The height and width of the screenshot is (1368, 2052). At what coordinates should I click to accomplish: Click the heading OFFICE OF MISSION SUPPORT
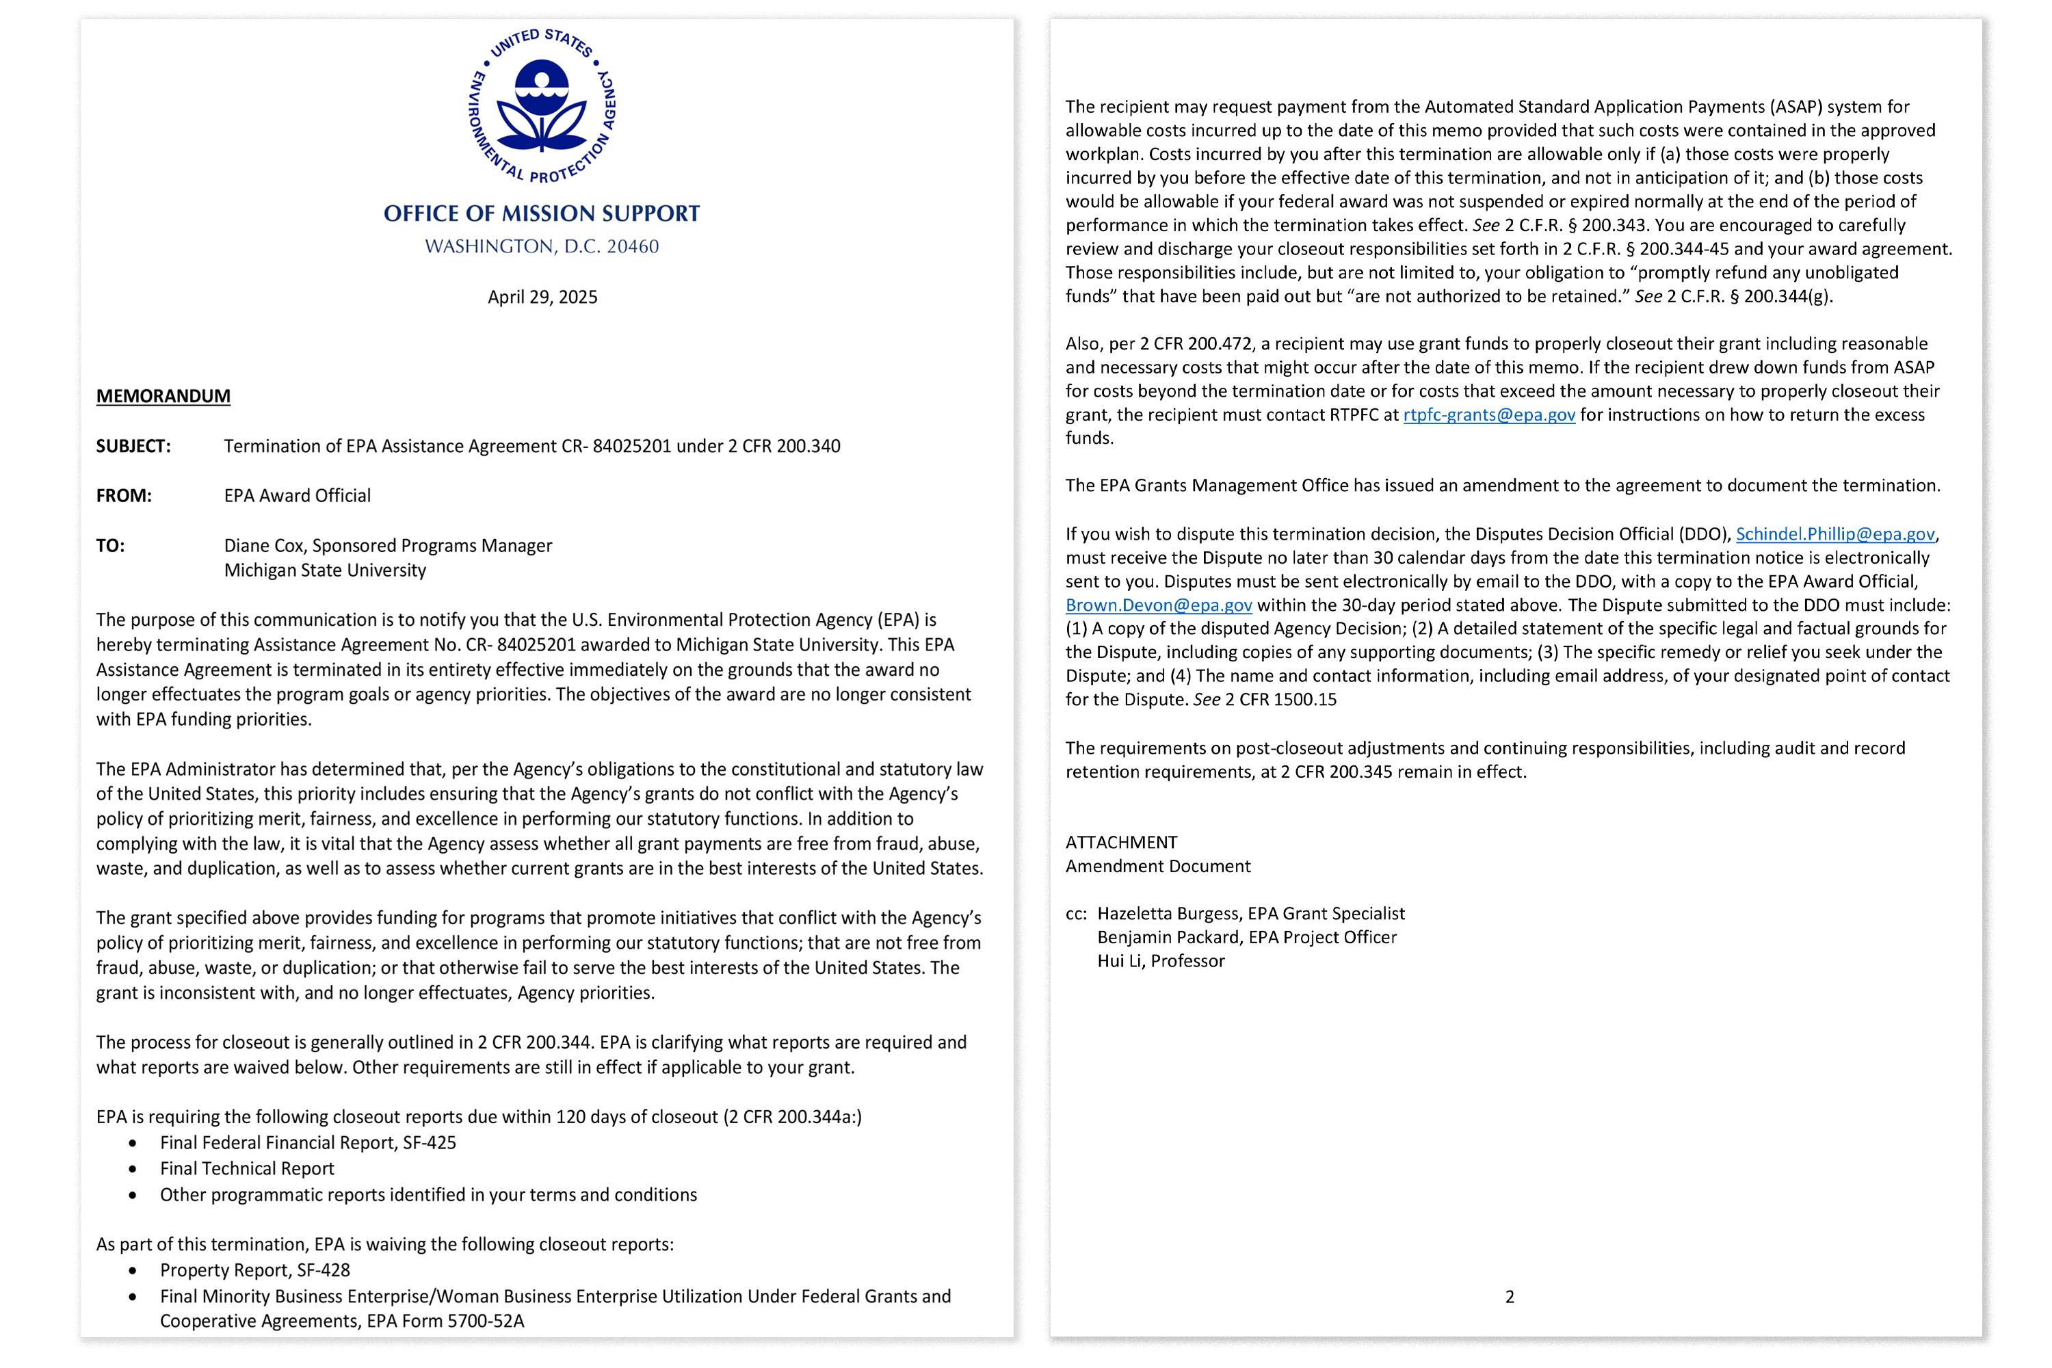542,213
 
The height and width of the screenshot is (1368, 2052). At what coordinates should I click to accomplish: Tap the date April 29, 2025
542,298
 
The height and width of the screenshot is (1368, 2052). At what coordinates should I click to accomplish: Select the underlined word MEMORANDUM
163,396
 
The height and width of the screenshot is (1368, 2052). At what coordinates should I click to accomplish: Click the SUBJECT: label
133,447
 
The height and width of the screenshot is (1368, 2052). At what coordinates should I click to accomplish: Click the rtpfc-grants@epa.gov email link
1488,415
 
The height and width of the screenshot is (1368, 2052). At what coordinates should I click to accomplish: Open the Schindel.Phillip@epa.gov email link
1834,535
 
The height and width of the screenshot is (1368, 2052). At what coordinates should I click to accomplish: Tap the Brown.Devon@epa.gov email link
1158,605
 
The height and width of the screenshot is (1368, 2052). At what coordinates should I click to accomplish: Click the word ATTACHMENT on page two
1121,843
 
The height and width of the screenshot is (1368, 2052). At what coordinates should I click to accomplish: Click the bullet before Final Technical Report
133,1169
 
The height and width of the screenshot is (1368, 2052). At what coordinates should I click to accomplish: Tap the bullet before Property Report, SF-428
133,1271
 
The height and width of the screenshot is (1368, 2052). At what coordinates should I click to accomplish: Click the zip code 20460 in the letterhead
633,247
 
